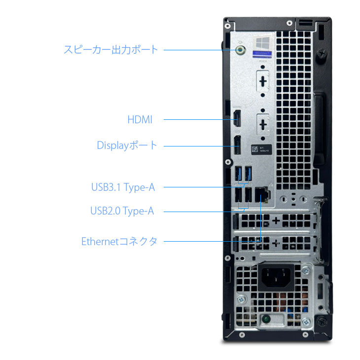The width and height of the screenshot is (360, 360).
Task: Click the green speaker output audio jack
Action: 240,50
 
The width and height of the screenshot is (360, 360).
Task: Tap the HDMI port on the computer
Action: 237,119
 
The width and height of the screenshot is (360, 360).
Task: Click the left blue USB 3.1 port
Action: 240,174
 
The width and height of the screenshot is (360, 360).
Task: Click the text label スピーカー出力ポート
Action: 111,49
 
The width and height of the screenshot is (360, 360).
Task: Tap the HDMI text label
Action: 140,119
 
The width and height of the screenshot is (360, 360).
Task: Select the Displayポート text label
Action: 127,145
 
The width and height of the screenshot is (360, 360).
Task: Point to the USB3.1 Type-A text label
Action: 123,187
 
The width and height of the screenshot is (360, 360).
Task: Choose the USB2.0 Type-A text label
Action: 122,211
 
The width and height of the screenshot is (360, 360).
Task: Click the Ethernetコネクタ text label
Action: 119,242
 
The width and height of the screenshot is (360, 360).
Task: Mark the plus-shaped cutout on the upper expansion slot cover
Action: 276,220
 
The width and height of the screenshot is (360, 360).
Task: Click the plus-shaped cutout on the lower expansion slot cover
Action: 276,242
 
